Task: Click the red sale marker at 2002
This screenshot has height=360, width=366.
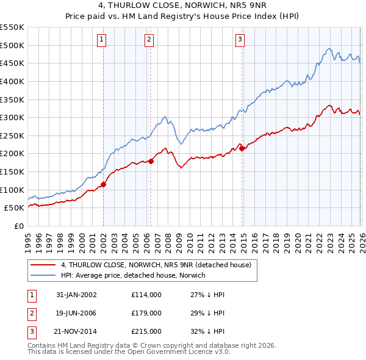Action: tap(103, 184)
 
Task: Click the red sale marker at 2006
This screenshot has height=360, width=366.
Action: tap(151, 161)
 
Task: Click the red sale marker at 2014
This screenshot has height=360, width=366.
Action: tap(242, 148)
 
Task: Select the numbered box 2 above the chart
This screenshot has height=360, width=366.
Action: tap(149, 40)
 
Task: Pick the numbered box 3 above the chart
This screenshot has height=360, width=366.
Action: tap(240, 40)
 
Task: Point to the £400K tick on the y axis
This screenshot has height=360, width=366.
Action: tap(12, 81)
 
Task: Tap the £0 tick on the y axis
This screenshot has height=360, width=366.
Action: tap(18, 226)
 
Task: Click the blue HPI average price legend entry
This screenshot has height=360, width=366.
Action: tap(134, 275)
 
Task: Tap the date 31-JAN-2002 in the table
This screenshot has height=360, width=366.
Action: tap(76, 295)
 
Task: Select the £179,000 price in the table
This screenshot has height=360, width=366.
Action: tap(146, 313)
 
